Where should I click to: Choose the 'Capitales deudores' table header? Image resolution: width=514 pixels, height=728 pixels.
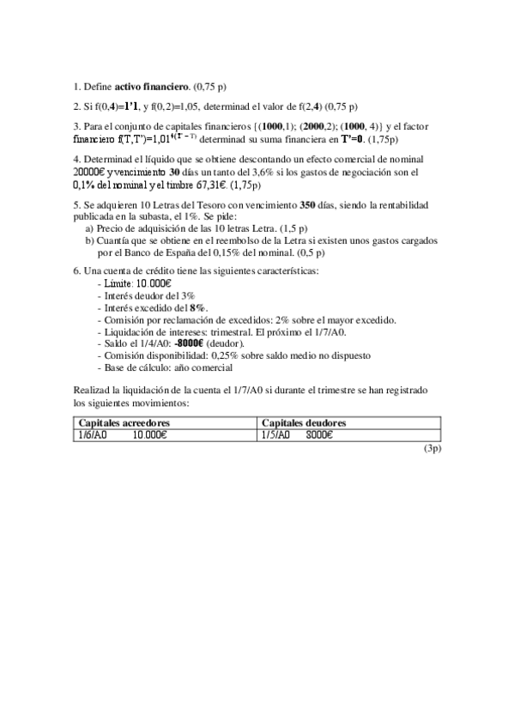pos(303,423)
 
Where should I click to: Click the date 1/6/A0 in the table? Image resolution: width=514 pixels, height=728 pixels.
pos(93,434)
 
